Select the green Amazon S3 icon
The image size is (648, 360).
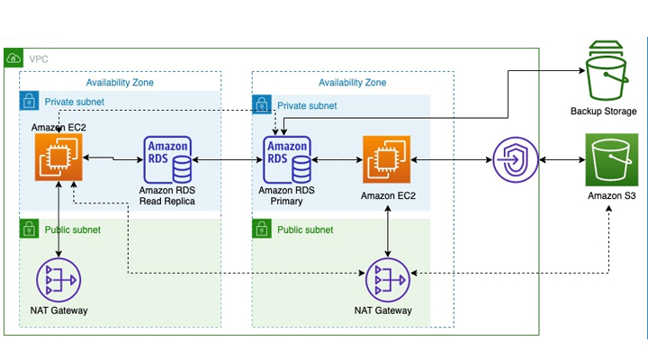(x=612, y=160)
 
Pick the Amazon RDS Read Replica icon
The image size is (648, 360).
(x=168, y=160)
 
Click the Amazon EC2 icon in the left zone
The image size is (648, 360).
(x=58, y=158)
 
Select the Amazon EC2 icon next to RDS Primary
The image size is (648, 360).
(x=387, y=160)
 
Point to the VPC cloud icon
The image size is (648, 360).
(x=13, y=58)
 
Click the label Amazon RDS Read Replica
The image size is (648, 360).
(x=168, y=196)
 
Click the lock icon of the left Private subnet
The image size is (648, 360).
(x=29, y=99)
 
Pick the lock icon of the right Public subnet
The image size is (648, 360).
(x=261, y=229)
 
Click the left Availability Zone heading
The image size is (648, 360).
(x=120, y=83)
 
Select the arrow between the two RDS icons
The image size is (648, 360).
(x=227, y=160)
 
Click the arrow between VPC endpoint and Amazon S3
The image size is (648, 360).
(x=562, y=161)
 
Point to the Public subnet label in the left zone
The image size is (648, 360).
(x=73, y=229)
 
